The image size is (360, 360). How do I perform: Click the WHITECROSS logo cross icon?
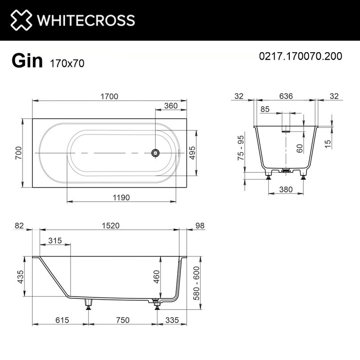21,20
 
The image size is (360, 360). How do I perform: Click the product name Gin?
27,61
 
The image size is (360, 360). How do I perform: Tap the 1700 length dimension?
109,96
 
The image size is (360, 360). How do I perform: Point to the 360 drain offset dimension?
171,106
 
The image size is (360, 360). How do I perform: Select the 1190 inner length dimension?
121,197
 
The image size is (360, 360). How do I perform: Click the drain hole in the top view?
155,153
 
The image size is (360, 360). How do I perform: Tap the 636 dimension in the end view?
285,96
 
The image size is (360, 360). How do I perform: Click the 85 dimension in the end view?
265,109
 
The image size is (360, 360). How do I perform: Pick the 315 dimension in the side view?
55,241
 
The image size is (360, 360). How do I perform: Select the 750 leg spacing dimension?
122,320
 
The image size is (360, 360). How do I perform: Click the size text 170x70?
64,63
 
